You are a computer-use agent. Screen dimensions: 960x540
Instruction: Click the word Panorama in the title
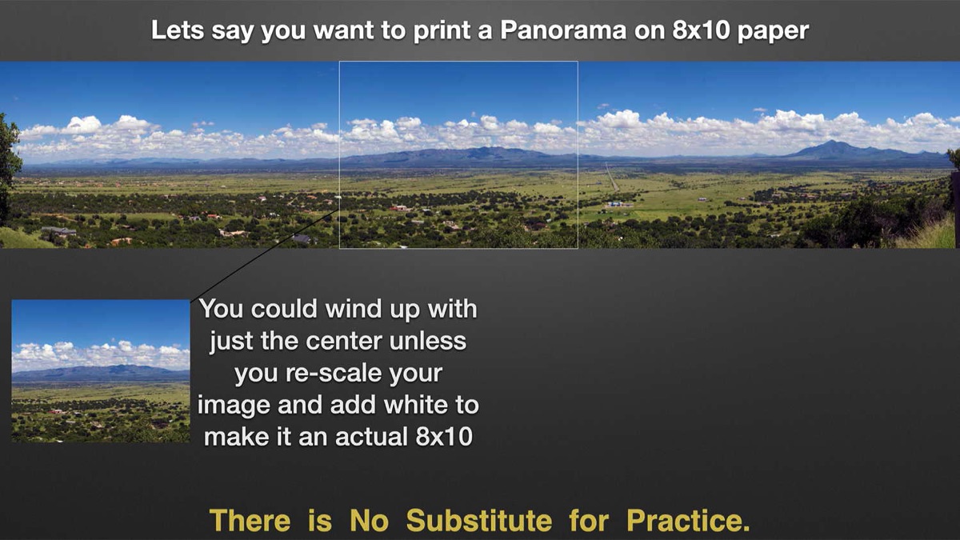point(563,30)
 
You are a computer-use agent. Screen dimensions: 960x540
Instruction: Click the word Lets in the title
point(178,30)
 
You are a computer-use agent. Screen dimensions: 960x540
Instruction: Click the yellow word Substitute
point(479,521)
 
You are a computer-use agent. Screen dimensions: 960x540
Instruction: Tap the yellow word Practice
point(688,521)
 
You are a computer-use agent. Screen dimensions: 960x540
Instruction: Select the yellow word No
point(369,521)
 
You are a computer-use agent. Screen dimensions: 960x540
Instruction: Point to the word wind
point(353,309)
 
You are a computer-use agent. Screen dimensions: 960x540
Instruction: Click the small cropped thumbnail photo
point(101,371)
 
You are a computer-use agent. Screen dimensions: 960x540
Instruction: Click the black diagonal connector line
point(265,256)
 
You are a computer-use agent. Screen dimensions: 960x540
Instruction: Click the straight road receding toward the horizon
point(611,177)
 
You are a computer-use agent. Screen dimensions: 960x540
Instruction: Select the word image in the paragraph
point(234,406)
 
